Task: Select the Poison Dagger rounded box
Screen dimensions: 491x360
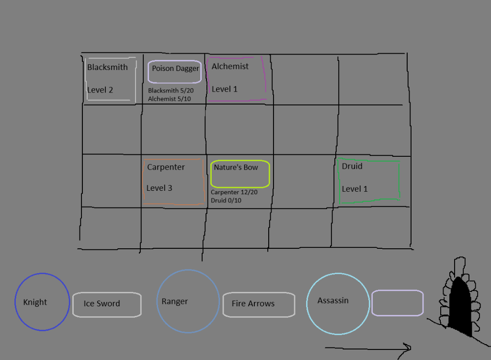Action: (x=174, y=60)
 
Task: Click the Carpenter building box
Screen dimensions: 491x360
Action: (x=143, y=182)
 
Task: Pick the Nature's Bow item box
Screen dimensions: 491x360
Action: (x=240, y=161)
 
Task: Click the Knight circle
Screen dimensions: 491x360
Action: (x=15, y=302)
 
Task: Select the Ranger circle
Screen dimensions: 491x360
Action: (x=157, y=301)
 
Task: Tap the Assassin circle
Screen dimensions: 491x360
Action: (x=307, y=303)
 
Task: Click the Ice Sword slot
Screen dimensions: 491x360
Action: (x=107, y=293)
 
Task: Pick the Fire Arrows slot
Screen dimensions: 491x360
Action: (x=259, y=293)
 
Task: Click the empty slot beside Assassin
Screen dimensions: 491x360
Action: (x=398, y=290)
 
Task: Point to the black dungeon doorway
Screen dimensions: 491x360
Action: (x=460, y=307)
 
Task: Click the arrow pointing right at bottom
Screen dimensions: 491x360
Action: (x=368, y=348)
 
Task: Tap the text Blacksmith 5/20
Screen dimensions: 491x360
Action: (x=171, y=91)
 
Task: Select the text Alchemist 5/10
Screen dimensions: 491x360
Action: (x=170, y=99)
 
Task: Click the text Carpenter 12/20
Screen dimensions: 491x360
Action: (x=234, y=192)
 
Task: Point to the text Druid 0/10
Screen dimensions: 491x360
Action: (x=226, y=200)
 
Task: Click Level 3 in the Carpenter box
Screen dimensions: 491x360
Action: (x=159, y=188)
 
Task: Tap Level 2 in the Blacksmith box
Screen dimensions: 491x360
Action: (x=100, y=90)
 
